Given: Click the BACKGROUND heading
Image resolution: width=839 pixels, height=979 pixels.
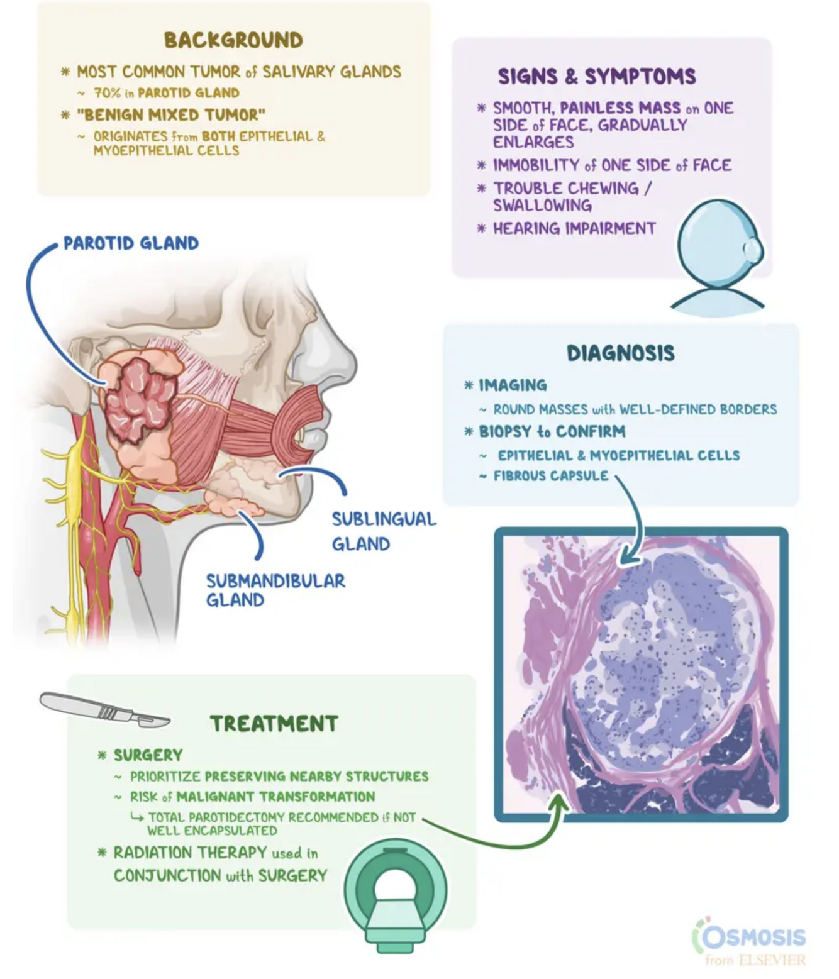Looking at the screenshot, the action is (233, 40).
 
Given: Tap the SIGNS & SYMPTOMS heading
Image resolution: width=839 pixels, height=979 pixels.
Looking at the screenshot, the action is (597, 77).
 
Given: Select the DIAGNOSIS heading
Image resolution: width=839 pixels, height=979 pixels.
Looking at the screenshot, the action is (621, 353).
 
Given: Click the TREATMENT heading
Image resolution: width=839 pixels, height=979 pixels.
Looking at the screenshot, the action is (274, 723).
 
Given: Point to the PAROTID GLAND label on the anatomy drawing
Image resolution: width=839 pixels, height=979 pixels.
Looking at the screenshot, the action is (131, 243).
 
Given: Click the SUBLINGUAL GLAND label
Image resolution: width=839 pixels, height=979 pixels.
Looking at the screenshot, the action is (384, 531).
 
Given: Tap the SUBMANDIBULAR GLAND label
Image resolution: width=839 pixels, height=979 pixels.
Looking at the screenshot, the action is (275, 590).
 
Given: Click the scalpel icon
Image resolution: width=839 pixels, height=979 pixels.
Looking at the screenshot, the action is (104, 710).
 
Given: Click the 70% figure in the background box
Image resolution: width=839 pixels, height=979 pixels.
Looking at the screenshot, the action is (105, 93).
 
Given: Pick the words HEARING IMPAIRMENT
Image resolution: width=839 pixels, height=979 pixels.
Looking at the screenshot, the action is (574, 228).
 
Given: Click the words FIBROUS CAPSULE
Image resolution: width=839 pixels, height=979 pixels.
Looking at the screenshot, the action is (551, 476).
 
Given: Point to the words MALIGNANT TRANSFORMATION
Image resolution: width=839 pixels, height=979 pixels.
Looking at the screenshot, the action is (275, 797).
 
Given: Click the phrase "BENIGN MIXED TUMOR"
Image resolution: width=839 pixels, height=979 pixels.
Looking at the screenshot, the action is (171, 115).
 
